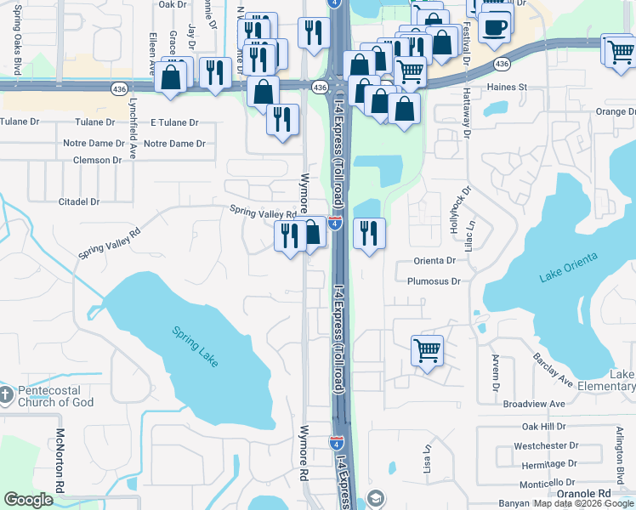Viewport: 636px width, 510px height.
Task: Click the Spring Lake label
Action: [196, 348]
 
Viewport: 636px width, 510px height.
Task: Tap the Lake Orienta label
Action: [568, 266]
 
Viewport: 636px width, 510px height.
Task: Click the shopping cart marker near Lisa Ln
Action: [427, 350]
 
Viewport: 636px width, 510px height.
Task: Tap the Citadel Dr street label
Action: [79, 201]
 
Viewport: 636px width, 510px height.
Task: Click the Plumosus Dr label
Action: [434, 280]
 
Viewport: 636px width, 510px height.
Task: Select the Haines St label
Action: [507, 87]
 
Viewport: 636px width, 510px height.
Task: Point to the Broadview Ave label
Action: [533, 404]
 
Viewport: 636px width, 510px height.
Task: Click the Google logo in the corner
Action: [28, 500]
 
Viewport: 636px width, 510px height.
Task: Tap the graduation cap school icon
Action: [376, 499]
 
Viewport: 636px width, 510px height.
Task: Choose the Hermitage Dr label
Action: [548, 464]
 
